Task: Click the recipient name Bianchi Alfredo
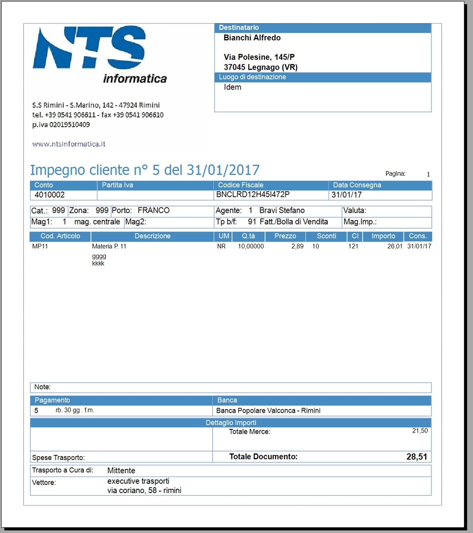(x=252, y=38)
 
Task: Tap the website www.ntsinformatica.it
(x=69, y=144)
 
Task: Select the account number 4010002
(x=50, y=195)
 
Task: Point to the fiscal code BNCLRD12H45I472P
(x=253, y=195)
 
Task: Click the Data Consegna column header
(x=357, y=185)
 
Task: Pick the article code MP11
(x=40, y=247)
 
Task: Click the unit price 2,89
(x=297, y=247)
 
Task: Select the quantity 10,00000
(x=251, y=247)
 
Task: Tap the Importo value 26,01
(x=395, y=247)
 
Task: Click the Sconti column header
(x=326, y=236)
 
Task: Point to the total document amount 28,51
(x=416, y=457)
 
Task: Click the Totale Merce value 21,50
(x=420, y=431)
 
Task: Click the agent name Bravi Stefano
(x=282, y=210)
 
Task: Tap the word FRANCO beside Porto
(x=154, y=210)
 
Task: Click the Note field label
(x=42, y=387)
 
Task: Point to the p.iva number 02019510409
(x=70, y=125)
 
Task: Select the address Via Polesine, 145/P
(x=259, y=57)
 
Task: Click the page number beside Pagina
(x=428, y=174)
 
